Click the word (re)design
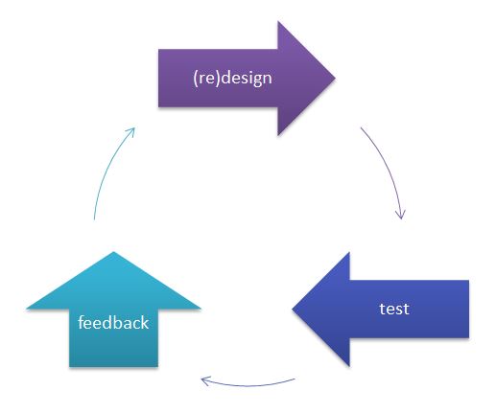point(232,78)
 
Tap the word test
point(394,309)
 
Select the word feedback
point(113,322)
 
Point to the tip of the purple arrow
point(335,78)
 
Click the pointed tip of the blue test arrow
point(293,309)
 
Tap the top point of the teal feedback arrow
point(113,252)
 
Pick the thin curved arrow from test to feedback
point(248,384)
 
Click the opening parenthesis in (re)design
point(196,79)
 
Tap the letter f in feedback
point(81,322)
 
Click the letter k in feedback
point(146,322)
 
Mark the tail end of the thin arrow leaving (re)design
point(361,127)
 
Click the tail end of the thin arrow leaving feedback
point(94,219)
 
